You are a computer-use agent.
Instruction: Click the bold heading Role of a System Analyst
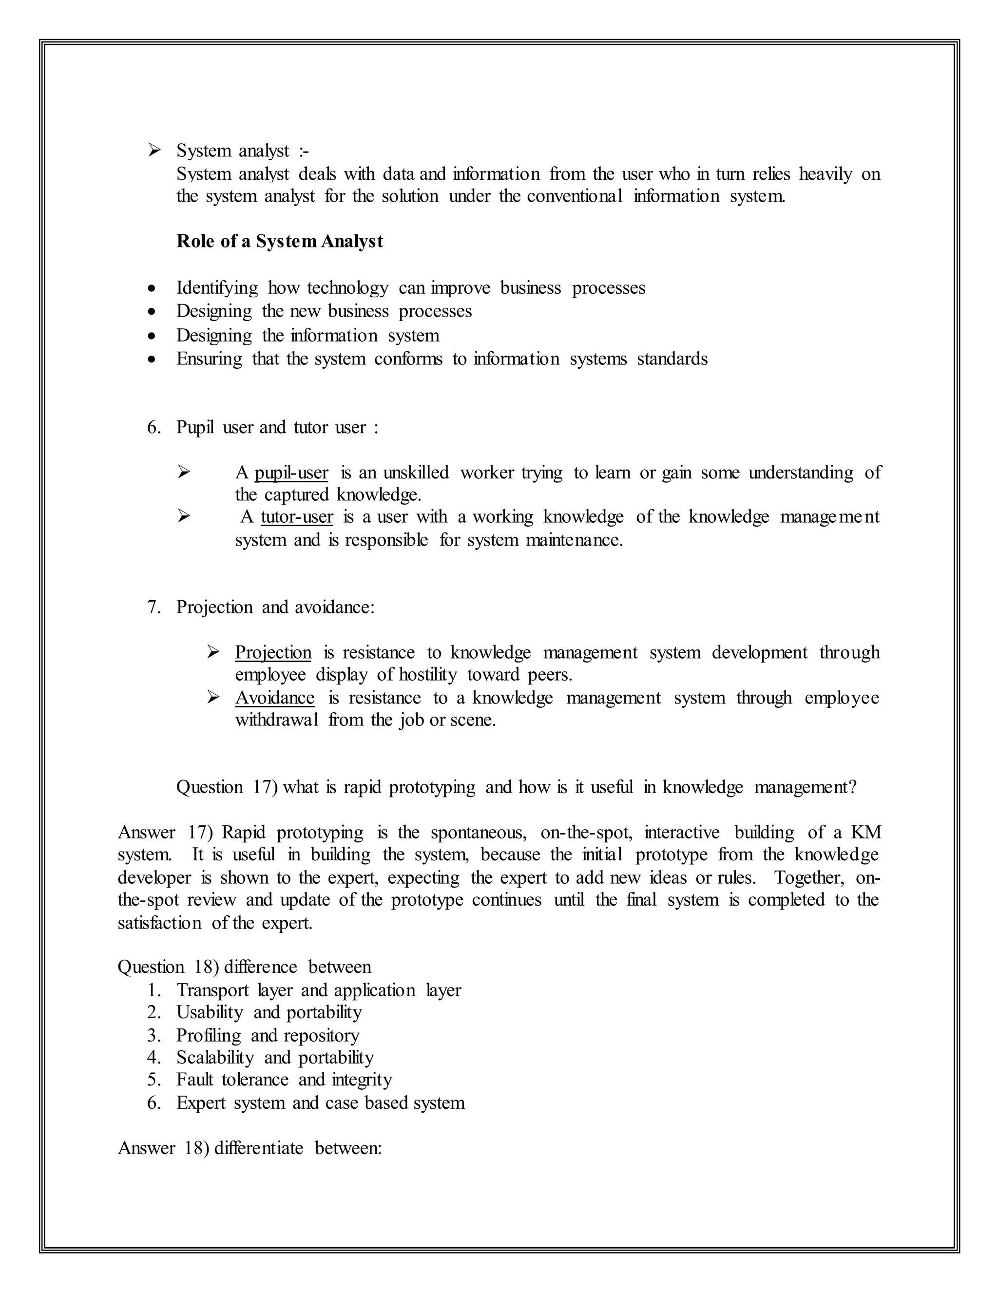(x=279, y=241)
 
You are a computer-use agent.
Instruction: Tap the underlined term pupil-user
(x=291, y=473)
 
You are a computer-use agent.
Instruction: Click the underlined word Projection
(x=273, y=653)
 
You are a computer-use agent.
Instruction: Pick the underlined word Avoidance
(x=274, y=698)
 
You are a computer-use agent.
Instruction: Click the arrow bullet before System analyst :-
(x=154, y=150)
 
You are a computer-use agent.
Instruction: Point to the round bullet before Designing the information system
(x=153, y=336)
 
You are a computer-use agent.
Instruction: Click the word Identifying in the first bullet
(x=217, y=288)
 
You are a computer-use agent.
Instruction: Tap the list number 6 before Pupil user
(x=153, y=427)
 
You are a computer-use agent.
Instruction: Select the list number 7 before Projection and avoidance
(x=153, y=607)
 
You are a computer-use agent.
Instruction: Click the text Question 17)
(x=227, y=787)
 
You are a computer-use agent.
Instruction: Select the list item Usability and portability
(x=269, y=1013)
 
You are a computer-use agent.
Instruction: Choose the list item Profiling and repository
(x=267, y=1036)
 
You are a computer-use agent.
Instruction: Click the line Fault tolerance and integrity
(x=284, y=1080)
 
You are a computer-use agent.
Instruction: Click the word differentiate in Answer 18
(x=258, y=1148)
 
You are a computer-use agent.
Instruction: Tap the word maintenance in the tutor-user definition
(x=574, y=540)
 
